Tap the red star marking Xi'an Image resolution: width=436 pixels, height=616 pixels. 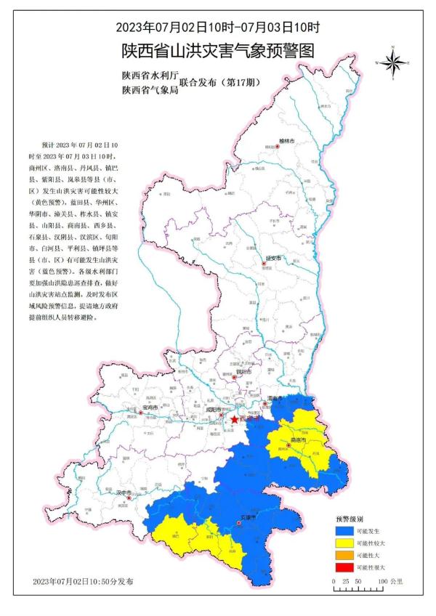[234, 419]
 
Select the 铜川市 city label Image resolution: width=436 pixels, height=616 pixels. [243, 371]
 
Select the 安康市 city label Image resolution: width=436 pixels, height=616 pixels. [249, 519]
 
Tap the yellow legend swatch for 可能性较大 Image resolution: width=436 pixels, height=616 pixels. [344, 544]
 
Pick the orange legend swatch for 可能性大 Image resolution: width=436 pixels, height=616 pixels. [344, 556]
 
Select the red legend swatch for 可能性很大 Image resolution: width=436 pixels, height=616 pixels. [344, 567]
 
